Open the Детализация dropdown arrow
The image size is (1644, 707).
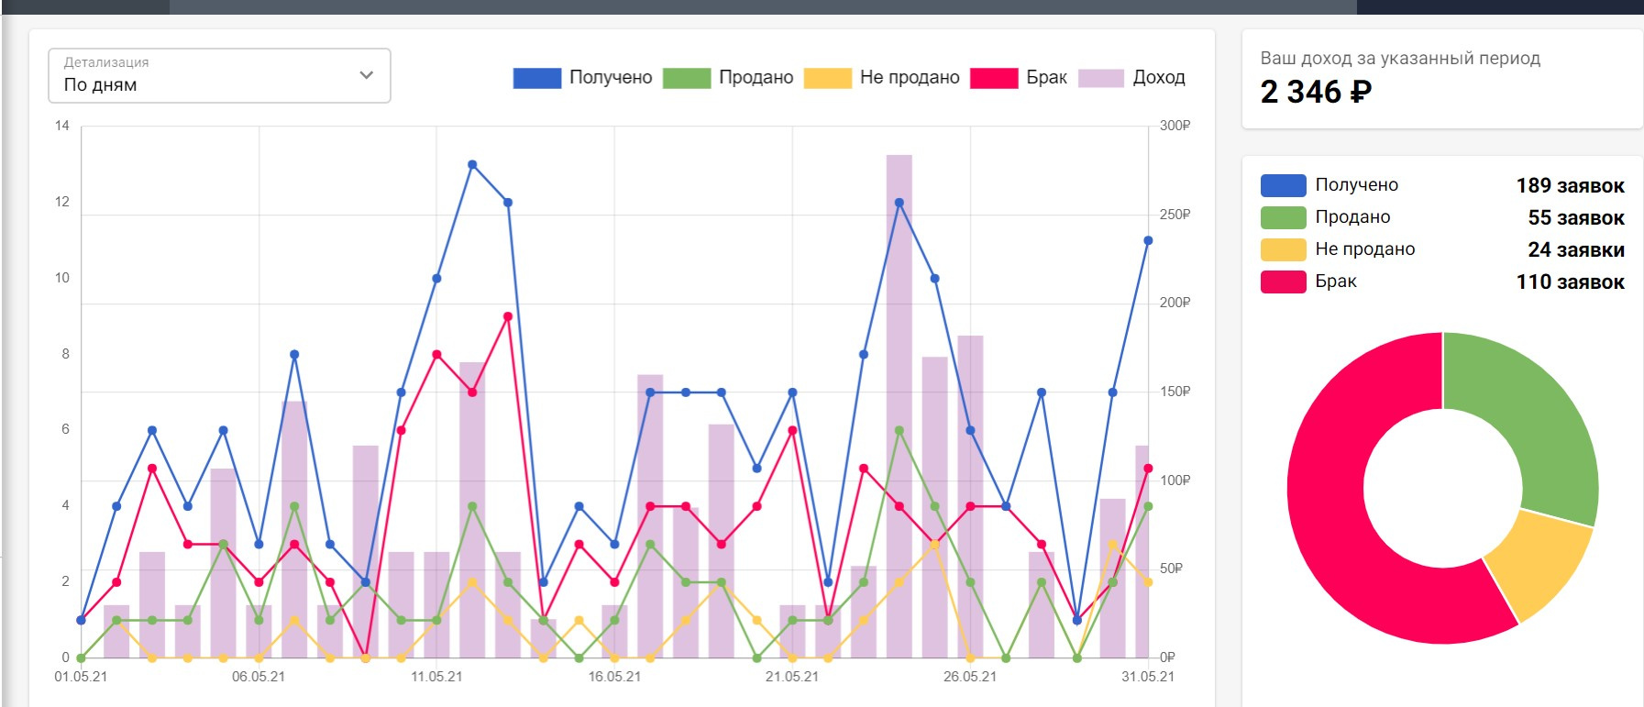(366, 75)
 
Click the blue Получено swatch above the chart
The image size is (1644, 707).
(536, 78)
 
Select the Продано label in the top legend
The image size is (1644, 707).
(756, 78)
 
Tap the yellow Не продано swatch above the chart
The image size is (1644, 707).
(827, 78)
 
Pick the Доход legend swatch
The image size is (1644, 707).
(1100, 78)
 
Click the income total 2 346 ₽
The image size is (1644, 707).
(1316, 92)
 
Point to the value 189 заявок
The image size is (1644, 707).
(1570, 186)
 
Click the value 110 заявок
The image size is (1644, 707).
(1570, 282)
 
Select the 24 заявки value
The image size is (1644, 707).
(1575, 250)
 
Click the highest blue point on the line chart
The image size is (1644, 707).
(472, 165)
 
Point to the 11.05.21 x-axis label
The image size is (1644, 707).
(436, 677)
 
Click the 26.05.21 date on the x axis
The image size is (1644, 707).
(969, 677)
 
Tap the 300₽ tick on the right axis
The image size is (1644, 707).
(1175, 126)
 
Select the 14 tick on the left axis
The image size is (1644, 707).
(62, 126)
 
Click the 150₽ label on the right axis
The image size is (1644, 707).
(1175, 392)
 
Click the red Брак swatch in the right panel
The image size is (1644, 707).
(1283, 282)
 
